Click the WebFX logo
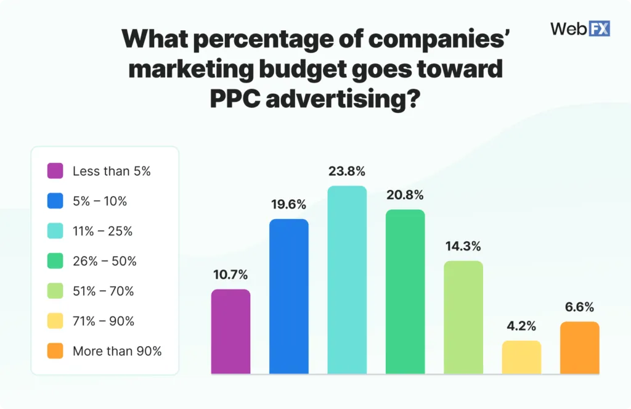[x=579, y=28]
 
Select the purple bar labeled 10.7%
[x=230, y=331]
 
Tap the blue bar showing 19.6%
[x=288, y=296]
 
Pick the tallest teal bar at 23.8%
[x=347, y=280]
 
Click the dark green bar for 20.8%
[x=405, y=292]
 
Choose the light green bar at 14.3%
[x=463, y=317]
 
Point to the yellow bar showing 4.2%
[x=521, y=357]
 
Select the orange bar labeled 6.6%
[x=579, y=347]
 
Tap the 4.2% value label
[x=521, y=326]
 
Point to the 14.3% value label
[x=463, y=247]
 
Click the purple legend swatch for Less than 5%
[x=55, y=171]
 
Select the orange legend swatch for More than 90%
[x=55, y=351]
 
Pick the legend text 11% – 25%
[x=102, y=231]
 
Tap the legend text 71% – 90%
[x=104, y=321]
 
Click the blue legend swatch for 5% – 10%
[x=55, y=201]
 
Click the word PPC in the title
[x=235, y=98]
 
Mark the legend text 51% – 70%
[x=104, y=291]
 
